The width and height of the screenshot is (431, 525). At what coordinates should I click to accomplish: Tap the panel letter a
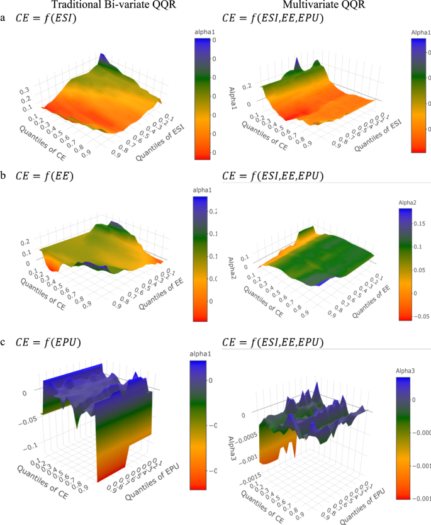4,18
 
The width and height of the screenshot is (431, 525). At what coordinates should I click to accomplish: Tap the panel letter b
4,176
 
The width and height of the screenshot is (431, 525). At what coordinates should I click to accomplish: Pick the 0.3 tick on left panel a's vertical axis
26,91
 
